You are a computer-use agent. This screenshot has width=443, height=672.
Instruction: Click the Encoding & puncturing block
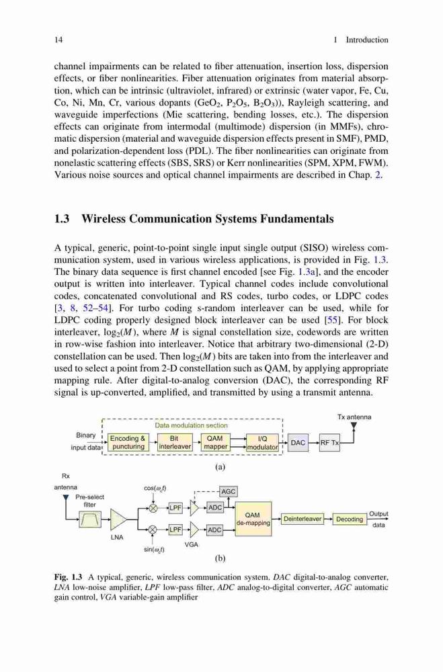pos(127,442)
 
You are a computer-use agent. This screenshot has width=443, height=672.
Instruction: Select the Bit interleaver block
pos(175,442)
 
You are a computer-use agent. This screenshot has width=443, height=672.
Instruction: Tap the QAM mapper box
pos(215,442)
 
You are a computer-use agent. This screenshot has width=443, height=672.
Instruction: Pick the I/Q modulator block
pos(262,442)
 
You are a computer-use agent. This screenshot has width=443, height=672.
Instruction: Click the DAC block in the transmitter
pos(298,442)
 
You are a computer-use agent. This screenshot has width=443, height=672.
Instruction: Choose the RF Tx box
pos(329,442)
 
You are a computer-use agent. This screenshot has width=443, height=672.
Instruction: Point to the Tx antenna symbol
pos(354,426)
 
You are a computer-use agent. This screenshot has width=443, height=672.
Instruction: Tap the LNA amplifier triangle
pos(118,519)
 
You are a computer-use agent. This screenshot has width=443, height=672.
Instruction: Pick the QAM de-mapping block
pos(253,519)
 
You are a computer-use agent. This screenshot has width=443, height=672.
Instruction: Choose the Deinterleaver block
pos(303,519)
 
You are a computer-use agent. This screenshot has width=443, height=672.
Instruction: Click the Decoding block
pos(350,519)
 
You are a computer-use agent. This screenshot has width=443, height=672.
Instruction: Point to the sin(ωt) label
pos(155,549)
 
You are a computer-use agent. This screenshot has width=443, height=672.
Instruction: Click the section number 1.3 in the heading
pos(62,219)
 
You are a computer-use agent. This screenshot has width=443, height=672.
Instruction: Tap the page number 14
pos(58,40)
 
